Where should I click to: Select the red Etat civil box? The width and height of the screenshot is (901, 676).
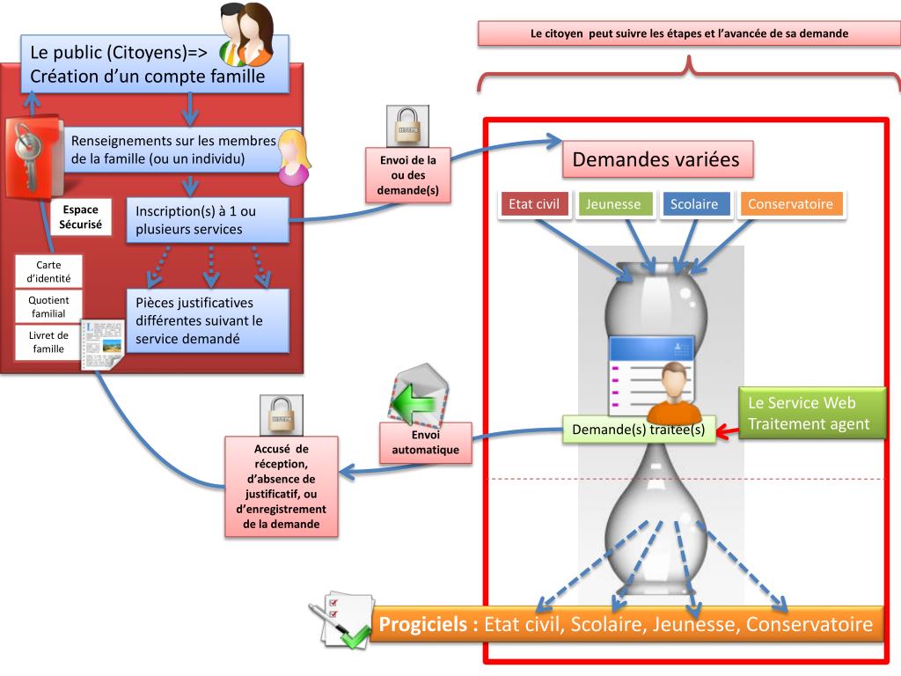click(x=534, y=204)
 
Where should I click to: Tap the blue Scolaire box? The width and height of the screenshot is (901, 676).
click(x=693, y=204)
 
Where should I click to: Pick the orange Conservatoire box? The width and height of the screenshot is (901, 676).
click(x=790, y=204)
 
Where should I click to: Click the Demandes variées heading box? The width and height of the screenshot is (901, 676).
click(x=657, y=160)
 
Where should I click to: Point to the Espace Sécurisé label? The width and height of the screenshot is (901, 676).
click(x=80, y=217)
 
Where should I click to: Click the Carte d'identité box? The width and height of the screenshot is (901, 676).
click(x=49, y=271)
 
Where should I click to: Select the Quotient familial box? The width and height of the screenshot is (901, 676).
click(x=49, y=306)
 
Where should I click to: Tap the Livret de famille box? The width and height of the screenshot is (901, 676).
click(x=49, y=342)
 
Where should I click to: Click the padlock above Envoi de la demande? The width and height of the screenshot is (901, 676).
click(x=408, y=126)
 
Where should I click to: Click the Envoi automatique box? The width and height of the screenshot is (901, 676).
click(x=424, y=443)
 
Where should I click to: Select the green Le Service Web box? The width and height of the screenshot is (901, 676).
click(x=809, y=413)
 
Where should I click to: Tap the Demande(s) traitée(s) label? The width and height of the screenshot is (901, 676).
click(x=638, y=430)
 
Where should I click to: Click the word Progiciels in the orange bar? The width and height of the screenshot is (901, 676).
click(x=429, y=625)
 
